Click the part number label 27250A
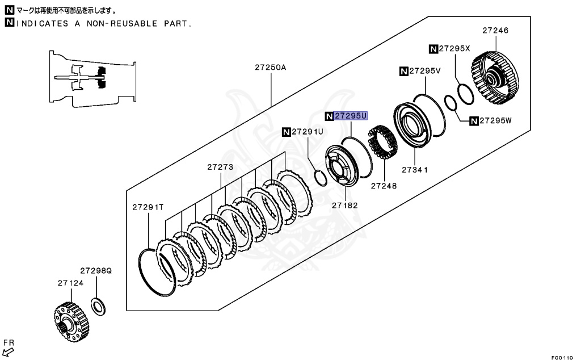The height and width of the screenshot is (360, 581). click(x=270, y=67)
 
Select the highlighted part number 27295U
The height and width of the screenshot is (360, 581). click(x=351, y=115)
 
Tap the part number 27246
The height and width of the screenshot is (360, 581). click(x=495, y=31)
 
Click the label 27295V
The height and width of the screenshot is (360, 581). click(x=424, y=71)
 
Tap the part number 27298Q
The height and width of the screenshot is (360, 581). click(x=95, y=271)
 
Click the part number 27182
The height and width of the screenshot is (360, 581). click(x=345, y=205)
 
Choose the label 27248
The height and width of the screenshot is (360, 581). click(x=384, y=186)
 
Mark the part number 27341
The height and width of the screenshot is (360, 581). click(x=414, y=169)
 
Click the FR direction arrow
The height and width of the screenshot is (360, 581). click(x=7, y=350)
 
